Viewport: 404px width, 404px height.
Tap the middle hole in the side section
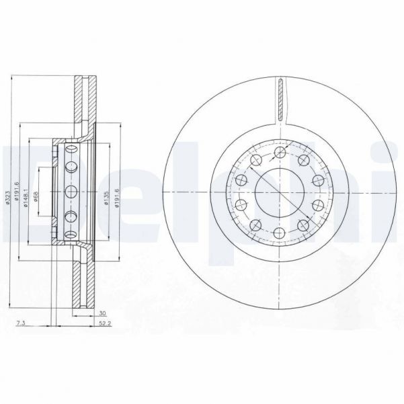(70, 191)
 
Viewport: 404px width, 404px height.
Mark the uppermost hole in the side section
(70, 166)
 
